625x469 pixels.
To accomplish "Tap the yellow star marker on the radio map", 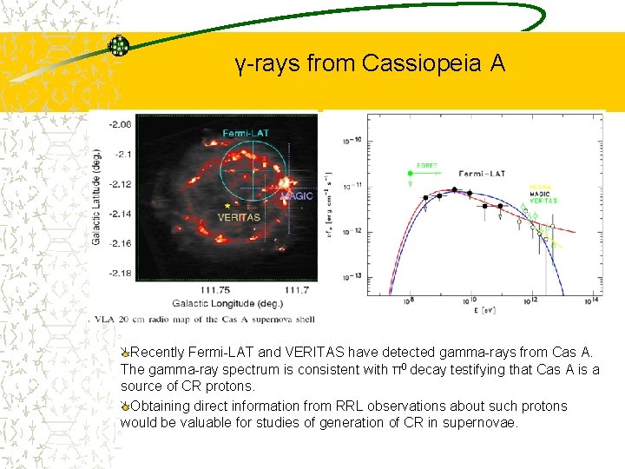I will (227, 205).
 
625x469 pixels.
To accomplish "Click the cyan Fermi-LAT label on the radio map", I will (246, 133).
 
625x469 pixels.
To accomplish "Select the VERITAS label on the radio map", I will (239, 217).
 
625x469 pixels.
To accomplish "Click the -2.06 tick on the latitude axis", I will (121, 124).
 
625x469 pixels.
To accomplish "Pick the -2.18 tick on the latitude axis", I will (121, 274).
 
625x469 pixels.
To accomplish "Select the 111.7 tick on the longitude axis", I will (296, 289).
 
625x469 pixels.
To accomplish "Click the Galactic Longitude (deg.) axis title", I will (227, 303).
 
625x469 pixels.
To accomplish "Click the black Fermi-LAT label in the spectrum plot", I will (483, 174).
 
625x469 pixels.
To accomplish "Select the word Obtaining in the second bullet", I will (161, 406).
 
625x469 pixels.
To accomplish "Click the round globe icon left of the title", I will (119, 46).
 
